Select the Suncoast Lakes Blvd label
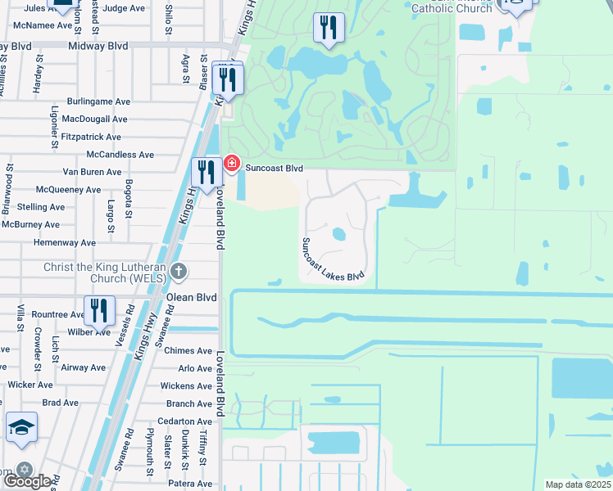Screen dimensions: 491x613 (x=333, y=259)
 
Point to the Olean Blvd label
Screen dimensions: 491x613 (x=191, y=298)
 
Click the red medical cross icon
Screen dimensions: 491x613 (x=232, y=164)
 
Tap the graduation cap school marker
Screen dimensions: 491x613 (x=21, y=427)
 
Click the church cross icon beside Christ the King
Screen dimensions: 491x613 (x=184, y=271)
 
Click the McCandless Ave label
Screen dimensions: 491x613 (x=120, y=155)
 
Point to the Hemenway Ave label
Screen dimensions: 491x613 (x=65, y=243)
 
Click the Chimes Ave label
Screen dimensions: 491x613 (x=188, y=351)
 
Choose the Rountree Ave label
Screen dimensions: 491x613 (x=59, y=314)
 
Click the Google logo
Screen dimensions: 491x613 (x=27, y=481)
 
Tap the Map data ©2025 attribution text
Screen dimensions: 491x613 (x=578, y=484)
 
